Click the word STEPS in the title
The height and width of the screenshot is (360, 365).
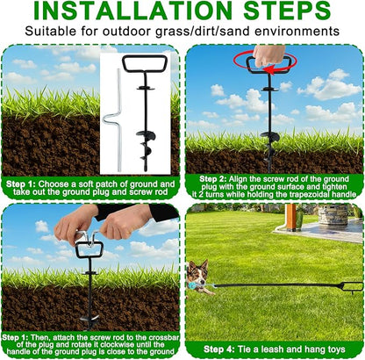(x=287, y=11)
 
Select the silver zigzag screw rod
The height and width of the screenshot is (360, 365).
(x=113, y=120)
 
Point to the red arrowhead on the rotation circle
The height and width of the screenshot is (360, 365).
(x=268, y=69)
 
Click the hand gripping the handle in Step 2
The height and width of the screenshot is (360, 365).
(x=268, y=55)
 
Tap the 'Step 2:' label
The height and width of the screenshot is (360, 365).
(x=212, y=179)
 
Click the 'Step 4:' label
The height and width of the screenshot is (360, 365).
(x=219, y=349)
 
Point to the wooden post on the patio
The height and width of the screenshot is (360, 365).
(x=291, y=217)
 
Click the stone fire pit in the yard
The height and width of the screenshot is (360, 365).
(x=333, y=214)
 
